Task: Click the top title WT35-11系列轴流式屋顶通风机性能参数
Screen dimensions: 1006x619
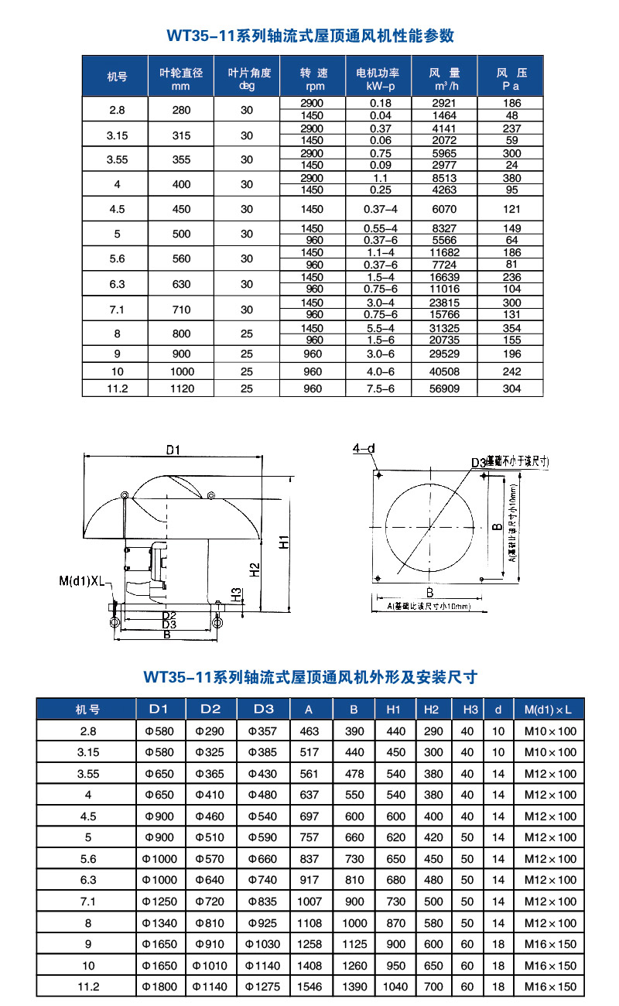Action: (x=310, y=36)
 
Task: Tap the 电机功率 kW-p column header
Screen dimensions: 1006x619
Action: (x=378, y=78)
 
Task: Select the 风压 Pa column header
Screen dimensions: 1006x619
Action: (x=511, y=78)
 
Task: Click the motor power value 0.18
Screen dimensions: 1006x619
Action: (x=378, y=103)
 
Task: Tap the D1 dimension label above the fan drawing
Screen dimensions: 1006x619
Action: (x=173, y=450)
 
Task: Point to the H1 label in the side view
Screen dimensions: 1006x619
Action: (x=284, y=542)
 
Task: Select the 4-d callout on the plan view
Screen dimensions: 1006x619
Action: (x=363, y=448)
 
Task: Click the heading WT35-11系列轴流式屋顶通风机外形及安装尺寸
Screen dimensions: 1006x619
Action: (x=310, y=677)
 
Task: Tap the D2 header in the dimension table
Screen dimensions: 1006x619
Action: (x=210, y=709)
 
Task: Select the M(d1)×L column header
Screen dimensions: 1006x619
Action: (x=550, y=709)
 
